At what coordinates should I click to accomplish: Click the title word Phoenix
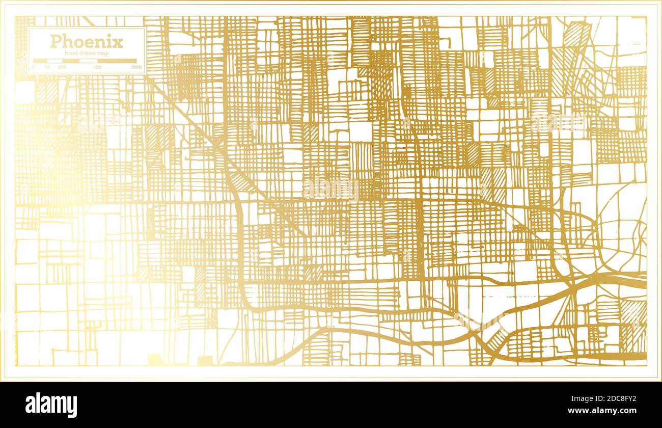(86, 41)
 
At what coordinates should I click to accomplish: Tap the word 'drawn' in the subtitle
(89, 53)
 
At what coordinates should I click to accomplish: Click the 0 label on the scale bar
(33, 67)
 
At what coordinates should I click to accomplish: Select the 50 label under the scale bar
(47, 67)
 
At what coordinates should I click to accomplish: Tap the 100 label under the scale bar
(62, 67)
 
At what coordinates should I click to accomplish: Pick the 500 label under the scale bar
(97, 67)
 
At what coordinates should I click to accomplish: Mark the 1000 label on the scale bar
(135, 67)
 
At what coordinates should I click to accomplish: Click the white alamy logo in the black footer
(51, 405)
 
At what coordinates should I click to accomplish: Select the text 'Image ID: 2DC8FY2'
(605, 399)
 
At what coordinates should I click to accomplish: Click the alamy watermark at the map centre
(331, 189)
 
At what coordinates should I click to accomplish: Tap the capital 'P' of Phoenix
(54, 41)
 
